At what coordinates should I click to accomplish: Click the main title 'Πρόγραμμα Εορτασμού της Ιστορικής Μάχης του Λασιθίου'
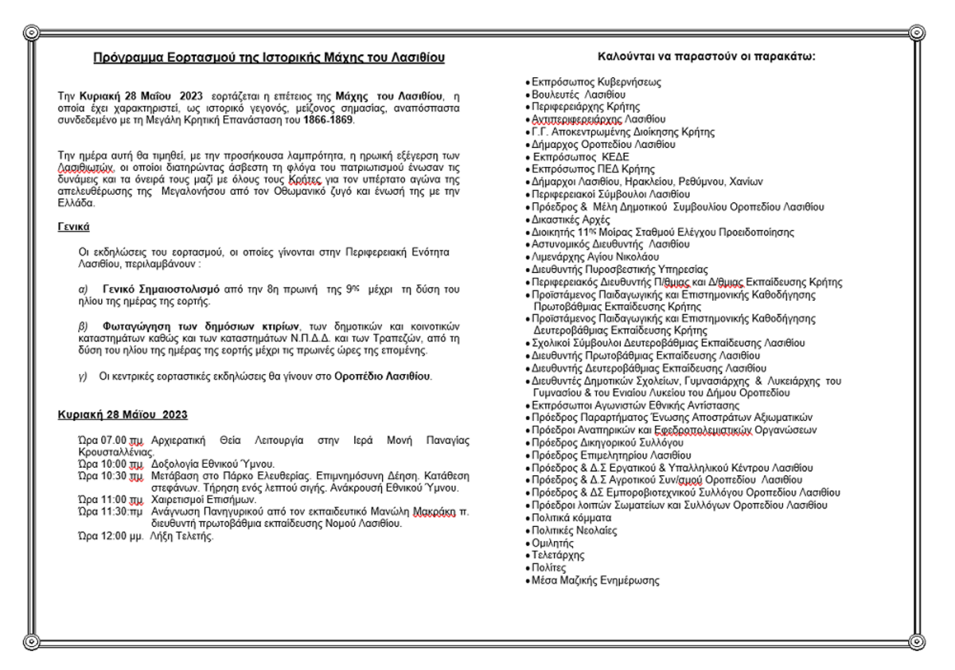(268, 58)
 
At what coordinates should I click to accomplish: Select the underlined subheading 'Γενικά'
(72, 227)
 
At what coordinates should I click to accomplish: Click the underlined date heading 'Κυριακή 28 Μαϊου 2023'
(123, 415)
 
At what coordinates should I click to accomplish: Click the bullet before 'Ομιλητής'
(528, 543)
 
